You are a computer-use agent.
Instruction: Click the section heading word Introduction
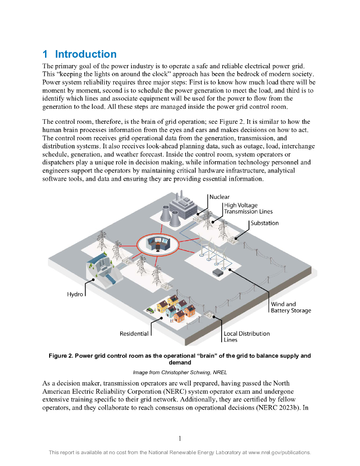86,54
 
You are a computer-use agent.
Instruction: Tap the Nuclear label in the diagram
219,197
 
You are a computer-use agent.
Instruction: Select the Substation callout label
264,223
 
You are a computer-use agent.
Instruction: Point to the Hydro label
75,294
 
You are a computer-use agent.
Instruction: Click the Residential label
134,334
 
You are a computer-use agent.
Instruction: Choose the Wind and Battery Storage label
291,307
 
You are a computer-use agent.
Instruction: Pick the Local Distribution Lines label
246,336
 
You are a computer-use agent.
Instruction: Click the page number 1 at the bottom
180,438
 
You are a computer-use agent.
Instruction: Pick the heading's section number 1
45,54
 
